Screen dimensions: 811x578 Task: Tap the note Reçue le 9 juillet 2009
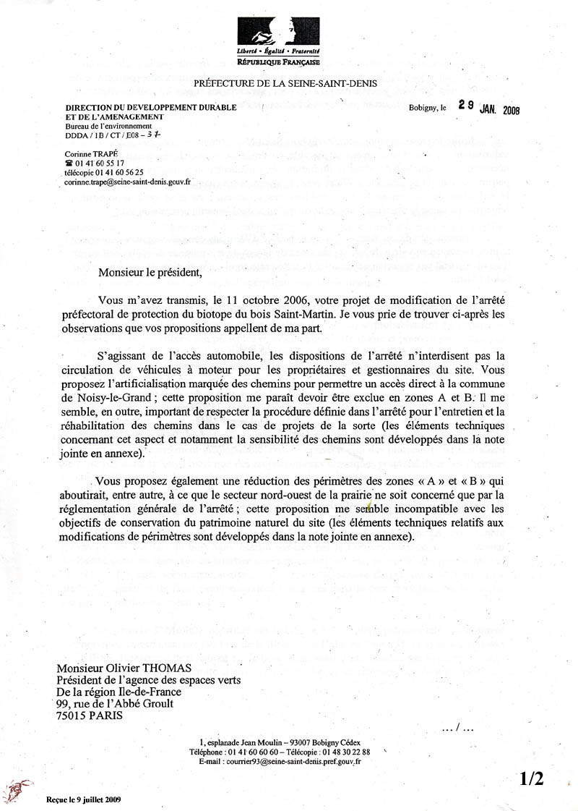82,799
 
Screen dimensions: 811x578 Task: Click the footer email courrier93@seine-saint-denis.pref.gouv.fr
293,762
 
